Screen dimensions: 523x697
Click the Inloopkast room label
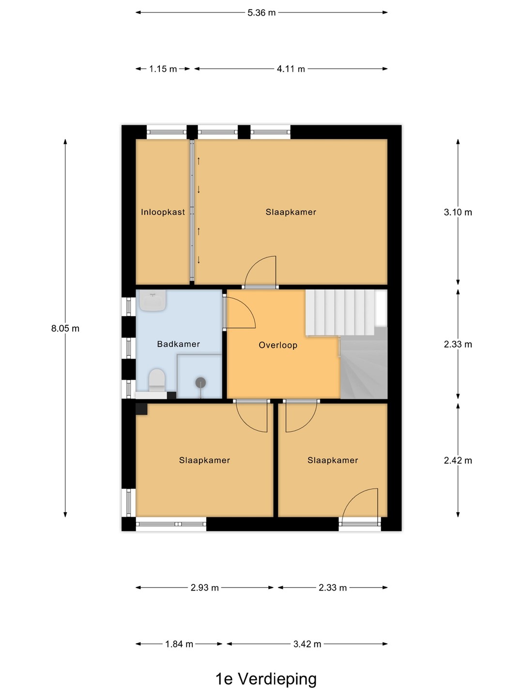pyautogui.click(x=163, y=212)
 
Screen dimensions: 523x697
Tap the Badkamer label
pyautogui.click(x=179, y=344)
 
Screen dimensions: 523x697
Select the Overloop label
pyautogui.click(x=278, y=345)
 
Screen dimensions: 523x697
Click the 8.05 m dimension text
pyautogui.click(x=65, y=328)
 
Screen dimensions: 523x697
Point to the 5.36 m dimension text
pyautogui.click(x=261, y=13)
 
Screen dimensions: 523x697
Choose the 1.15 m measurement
pyautogui.click(x=163, y=69)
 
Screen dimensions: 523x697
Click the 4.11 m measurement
pyautogui.click(x=291, y=69)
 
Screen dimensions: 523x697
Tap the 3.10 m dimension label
pyautogui.click(x=458, y=212)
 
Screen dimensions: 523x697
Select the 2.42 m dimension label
pyautogui.click(x=458, y=460)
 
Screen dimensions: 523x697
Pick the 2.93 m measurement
pyautogui.click(x=204, y=588)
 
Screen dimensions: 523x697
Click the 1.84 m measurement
pyautogui.click(x=179, y=644)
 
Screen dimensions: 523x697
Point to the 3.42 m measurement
pyautogui.click(x=307, y=644)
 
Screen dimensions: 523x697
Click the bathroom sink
pyautogui.click(x=153, y=301)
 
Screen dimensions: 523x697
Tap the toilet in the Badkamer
pyautogui.click(x=157, y=380)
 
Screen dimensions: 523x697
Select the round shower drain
pyautogui.click(x=200, y=383)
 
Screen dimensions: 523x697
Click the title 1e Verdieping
pyautogui.click(x=266, y=679)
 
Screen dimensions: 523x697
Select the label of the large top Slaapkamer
pyautogui.click(x=291, y=212)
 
